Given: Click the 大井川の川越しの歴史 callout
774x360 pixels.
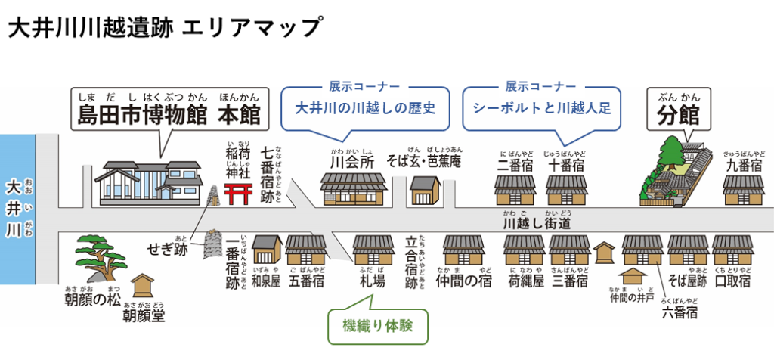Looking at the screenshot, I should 365,107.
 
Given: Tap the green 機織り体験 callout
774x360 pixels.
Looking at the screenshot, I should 375,327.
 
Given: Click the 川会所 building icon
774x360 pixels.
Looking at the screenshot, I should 353,189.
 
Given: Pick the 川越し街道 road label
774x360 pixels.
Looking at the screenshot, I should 537,224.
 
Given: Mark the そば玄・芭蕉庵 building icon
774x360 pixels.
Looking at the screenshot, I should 425,191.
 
